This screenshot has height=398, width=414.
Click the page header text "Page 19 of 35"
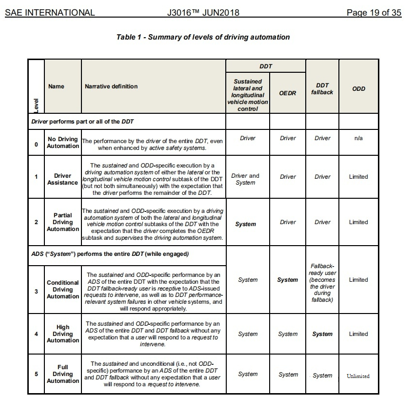coord(374,13)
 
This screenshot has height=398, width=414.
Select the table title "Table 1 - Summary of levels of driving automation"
coord(203,37)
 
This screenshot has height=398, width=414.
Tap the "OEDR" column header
coord(288,92)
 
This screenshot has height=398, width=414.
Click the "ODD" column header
coord(358,89)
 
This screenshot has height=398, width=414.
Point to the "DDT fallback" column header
coord(322,88)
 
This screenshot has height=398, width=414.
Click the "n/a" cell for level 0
coord(358,138)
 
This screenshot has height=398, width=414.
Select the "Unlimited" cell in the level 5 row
coord(358,376)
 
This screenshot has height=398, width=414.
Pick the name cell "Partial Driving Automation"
coord(63,222)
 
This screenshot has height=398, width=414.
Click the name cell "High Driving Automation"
coord(63,334)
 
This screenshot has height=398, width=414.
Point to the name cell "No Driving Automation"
coord(63,143)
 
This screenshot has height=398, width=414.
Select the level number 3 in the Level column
coord(36,292)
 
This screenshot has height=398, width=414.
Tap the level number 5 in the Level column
coord(36,374)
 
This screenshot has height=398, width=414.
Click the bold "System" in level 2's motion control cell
coord(245,224)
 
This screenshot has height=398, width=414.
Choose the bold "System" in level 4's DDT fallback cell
coord(322,334)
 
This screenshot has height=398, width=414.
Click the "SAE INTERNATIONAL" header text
coord(50,13)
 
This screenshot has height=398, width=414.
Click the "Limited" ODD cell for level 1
coord(358,177)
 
